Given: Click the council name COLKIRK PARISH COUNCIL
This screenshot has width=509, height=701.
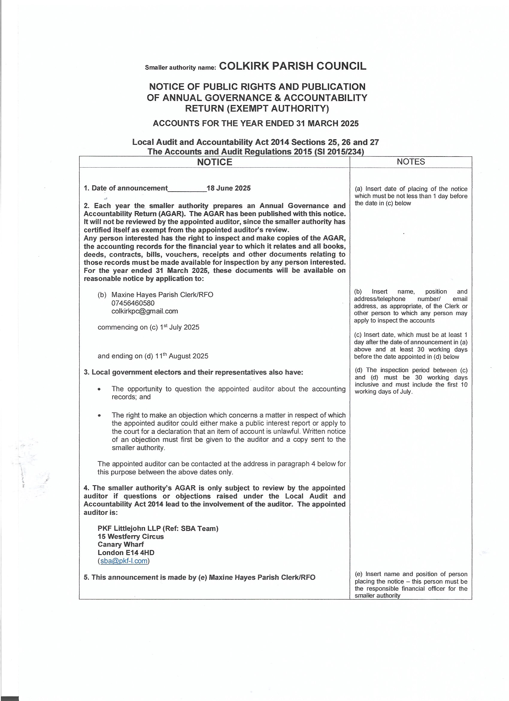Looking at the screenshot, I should [x=292, y=66].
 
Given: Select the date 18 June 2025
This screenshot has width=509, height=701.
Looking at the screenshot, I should [x=228, y=188].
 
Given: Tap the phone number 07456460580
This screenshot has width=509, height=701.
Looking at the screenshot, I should [x=133, y=303].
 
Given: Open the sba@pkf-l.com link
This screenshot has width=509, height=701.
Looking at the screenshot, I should [x=124, y=561].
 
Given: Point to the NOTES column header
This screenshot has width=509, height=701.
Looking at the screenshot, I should [x=410, y=162].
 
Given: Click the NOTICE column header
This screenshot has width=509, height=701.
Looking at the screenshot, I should [x=214, y=162].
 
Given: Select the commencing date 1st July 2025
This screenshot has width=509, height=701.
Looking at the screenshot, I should [x=179, y=327].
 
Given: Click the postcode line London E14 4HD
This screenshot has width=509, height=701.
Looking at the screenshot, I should [x=126, y=553].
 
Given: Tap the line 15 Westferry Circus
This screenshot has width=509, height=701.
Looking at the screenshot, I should [x=131, y=537].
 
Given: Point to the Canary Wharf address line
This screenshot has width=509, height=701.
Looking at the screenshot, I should [x=121, y=544].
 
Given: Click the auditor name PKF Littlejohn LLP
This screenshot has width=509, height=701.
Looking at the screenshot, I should [x=129, y=529].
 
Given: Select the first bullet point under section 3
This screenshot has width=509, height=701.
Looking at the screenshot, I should [x=99, y=389].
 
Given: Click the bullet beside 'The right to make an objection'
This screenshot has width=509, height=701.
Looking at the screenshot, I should [x=99, y=415].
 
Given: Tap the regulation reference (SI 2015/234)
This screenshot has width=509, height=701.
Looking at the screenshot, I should [x=339, y=152].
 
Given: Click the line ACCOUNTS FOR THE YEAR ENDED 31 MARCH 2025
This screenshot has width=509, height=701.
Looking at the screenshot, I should [x=256, y=123].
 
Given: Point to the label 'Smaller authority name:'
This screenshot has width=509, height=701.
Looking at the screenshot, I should [x=180, y=68].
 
